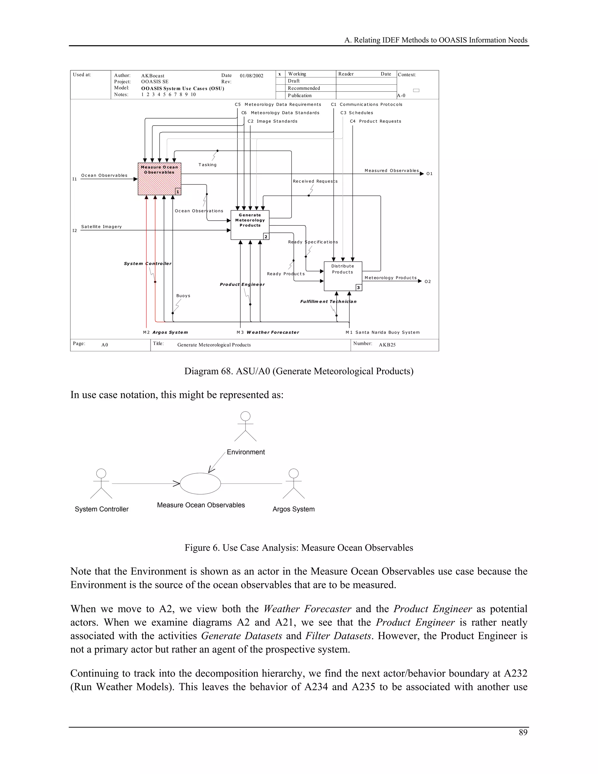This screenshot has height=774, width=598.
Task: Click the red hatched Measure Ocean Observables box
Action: [x=159, y=179]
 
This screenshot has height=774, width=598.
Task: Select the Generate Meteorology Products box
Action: [x=250, y=225]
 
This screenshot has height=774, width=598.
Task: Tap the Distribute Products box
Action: [x=343, y=276]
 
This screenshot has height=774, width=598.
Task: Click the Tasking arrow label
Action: [x=207, y=165]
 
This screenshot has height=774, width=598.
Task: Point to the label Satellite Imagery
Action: [x=101, y=227]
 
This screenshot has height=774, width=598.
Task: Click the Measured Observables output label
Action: [x=392, y=171]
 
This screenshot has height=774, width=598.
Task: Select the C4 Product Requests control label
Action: [x=376, y=121]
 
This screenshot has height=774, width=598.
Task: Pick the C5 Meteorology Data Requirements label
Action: [x=278, y=105]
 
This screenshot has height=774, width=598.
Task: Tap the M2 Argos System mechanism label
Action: [x=166, y=332]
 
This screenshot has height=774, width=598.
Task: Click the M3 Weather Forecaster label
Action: [x=268, y=332]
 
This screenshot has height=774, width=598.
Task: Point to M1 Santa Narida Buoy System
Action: [x=383, y=332]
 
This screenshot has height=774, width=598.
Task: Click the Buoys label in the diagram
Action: [x=183, y=296]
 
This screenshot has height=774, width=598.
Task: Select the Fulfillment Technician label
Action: [x=328, y=302]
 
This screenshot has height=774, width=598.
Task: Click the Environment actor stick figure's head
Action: [x=245, y=416]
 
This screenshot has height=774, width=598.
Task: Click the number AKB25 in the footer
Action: [x=387, y=345]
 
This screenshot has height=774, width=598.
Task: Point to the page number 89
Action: [x=523, y=733]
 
